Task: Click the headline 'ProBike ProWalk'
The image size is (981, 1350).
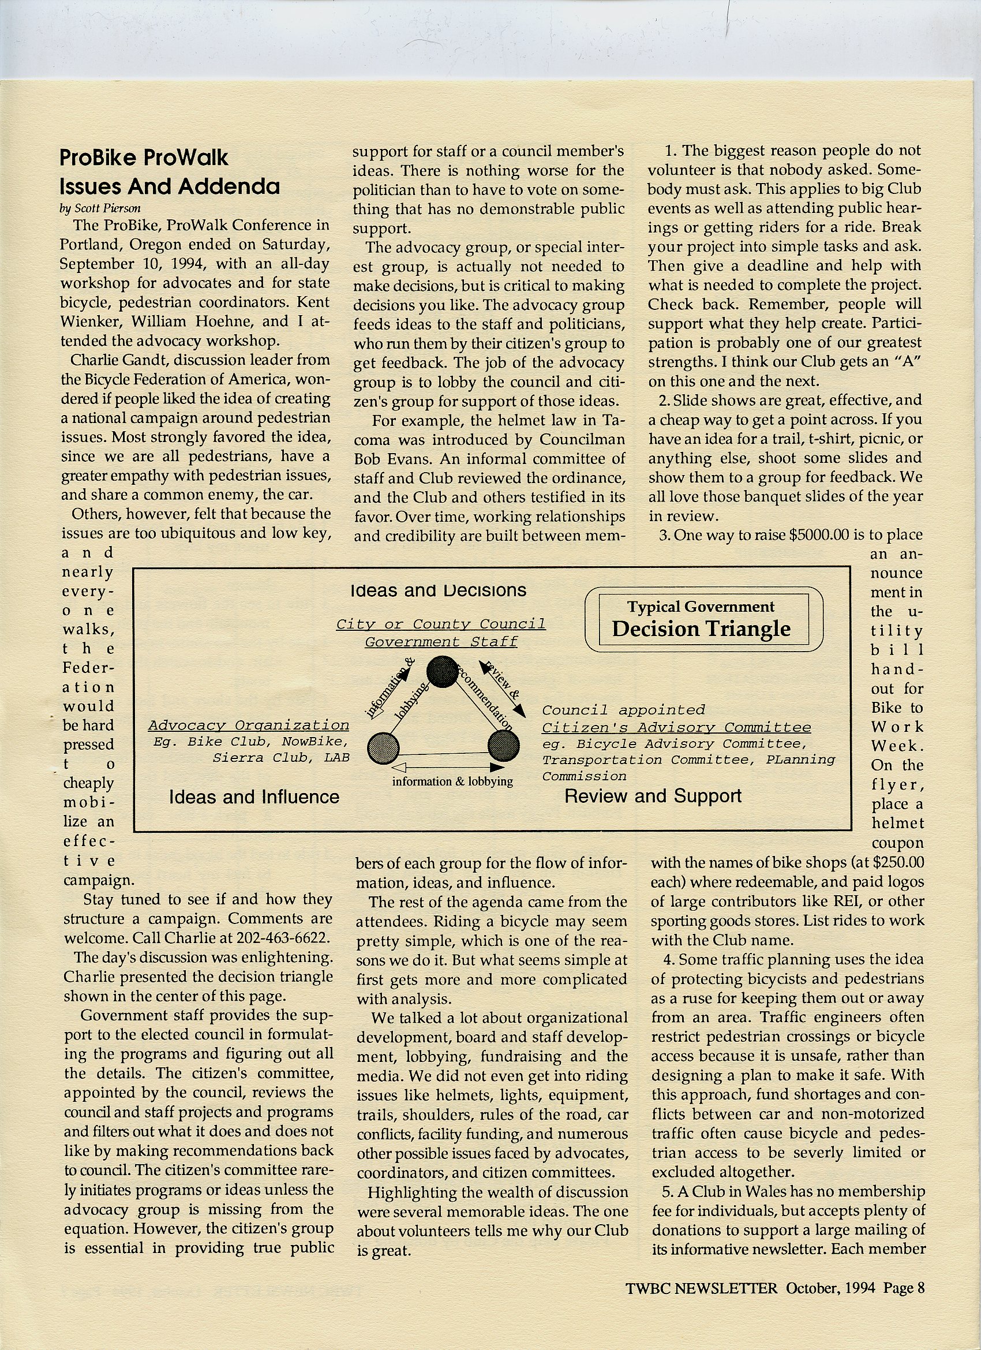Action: tap(144, 158)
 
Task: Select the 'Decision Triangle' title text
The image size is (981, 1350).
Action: tap(701, 629)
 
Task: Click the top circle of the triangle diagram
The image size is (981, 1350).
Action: tap(441, 671)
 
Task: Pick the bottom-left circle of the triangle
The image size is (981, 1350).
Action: tap(383, 747)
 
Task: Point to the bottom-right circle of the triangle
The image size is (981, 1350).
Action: tap(504, 745)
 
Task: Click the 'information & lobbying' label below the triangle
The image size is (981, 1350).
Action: tap(452, 781)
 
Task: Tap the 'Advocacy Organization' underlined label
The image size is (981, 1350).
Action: tap(248, 725)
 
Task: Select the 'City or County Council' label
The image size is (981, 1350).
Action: tap(440, 624)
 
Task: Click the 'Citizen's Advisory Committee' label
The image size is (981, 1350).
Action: tap(676, 727)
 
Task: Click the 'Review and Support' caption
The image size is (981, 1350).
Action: tap(653, 796)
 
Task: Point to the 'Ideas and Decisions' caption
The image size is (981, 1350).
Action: tap(438, 590)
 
